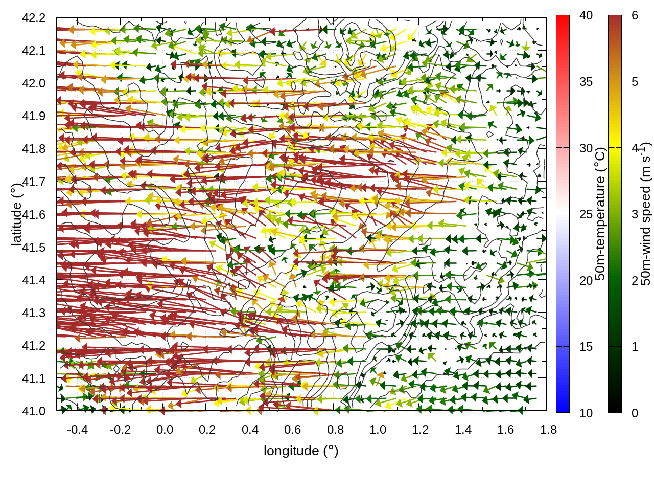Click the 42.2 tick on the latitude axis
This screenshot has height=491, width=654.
point(34,18)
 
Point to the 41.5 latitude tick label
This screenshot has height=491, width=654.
point(34,248)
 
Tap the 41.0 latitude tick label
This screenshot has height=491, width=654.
point(34,411)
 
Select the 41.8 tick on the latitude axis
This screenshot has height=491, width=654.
point(34,149)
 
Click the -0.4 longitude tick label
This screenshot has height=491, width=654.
point(78,430)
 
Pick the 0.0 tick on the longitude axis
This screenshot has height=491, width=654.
point(165,430)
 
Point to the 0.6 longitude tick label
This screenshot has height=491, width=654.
point(293,430)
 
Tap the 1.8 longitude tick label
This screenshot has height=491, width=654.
point(549,430)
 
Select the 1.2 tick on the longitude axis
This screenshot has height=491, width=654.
point(421,430)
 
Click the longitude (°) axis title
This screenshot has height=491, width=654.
point(301,451)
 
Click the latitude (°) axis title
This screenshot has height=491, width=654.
point(16,214)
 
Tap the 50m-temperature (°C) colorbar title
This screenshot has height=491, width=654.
point(600,214)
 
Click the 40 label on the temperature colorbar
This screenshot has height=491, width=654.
point(586,15)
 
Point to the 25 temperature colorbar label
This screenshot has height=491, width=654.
point(586,214)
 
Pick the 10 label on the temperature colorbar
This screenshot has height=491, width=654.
point(586,413)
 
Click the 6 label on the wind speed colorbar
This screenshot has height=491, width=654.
point(635,15)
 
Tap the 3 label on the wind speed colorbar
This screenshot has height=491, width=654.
point(635,214)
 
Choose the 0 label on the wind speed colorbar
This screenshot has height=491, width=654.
point(635,413)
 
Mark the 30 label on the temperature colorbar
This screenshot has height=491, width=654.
point(586,148)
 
